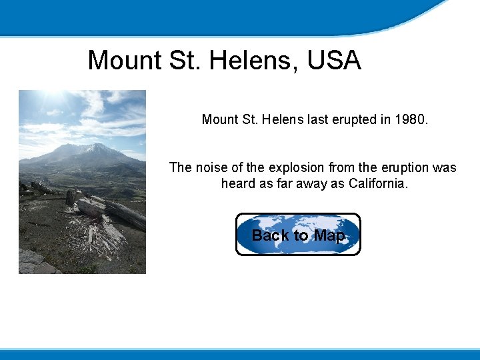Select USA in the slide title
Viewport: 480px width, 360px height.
tap(334, 61)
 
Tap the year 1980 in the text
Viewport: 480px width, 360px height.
tap(410, 120)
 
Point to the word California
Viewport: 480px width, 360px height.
tap(378, 183)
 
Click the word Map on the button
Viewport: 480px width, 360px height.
tap(329, 235)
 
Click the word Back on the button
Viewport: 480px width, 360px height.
tap(270, 235)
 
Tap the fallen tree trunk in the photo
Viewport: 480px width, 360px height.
tap(113, 211)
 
